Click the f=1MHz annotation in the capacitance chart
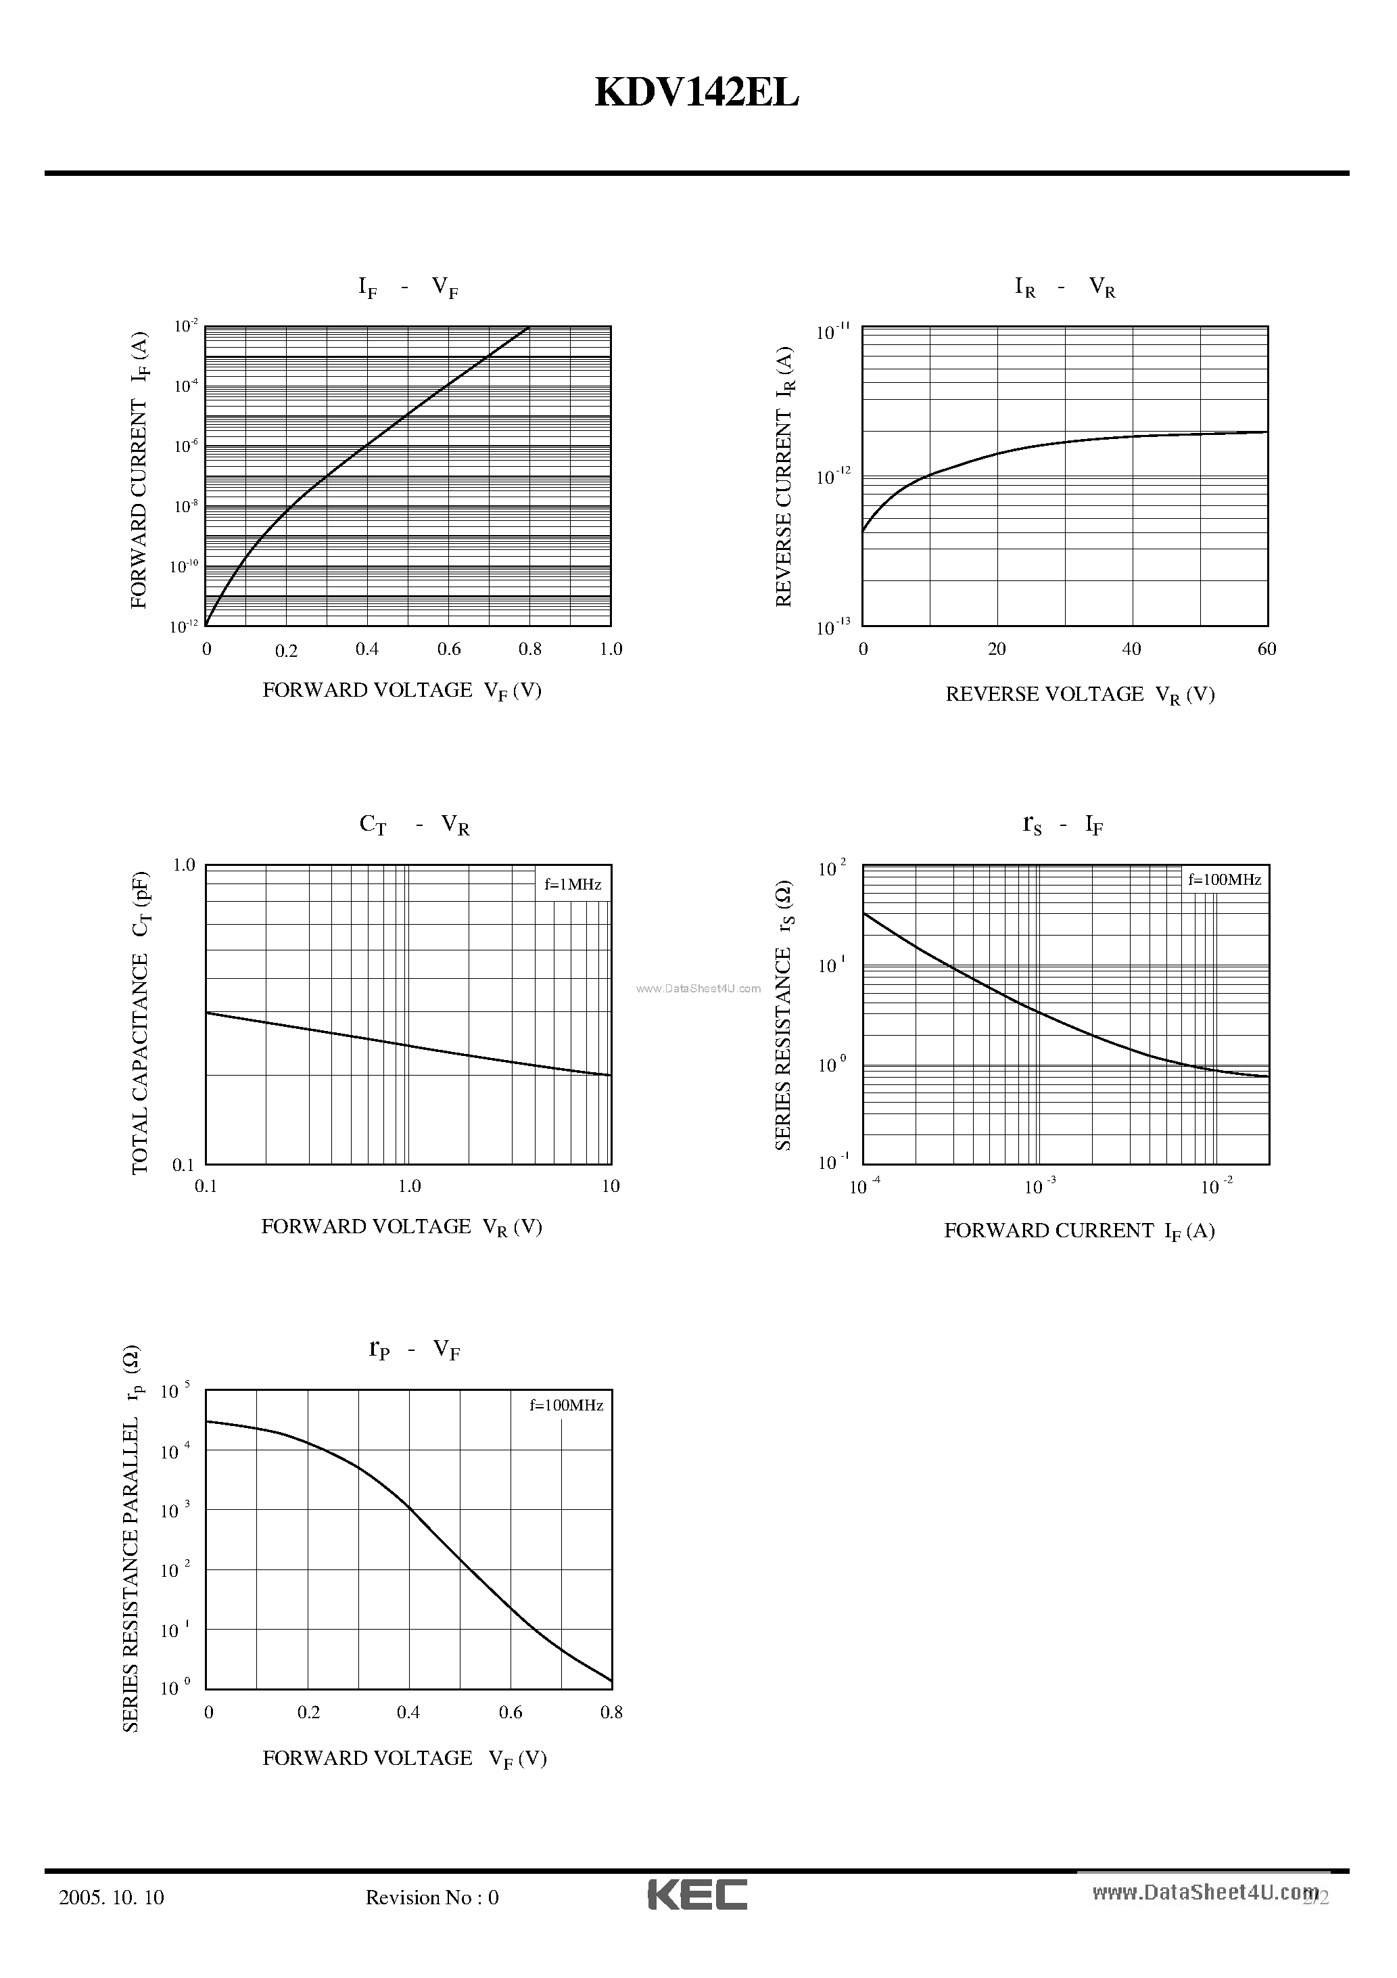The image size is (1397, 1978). (573, 884)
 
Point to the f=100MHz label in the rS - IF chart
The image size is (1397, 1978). (1225, 879)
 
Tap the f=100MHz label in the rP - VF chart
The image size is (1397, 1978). (566, 1405)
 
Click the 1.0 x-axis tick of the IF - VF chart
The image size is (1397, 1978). (611, 649)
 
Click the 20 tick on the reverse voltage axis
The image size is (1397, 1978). (997, 649)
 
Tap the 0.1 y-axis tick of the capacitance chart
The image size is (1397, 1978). (183, 1166)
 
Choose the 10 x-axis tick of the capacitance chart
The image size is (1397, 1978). (611, 1187)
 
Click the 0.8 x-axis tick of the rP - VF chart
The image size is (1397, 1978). (611, 1713)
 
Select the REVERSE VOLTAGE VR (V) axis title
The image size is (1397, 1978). (1080, 694)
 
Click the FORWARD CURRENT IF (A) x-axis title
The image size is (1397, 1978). (1079, 1231)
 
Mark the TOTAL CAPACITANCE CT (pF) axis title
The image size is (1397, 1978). (141, 1023)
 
